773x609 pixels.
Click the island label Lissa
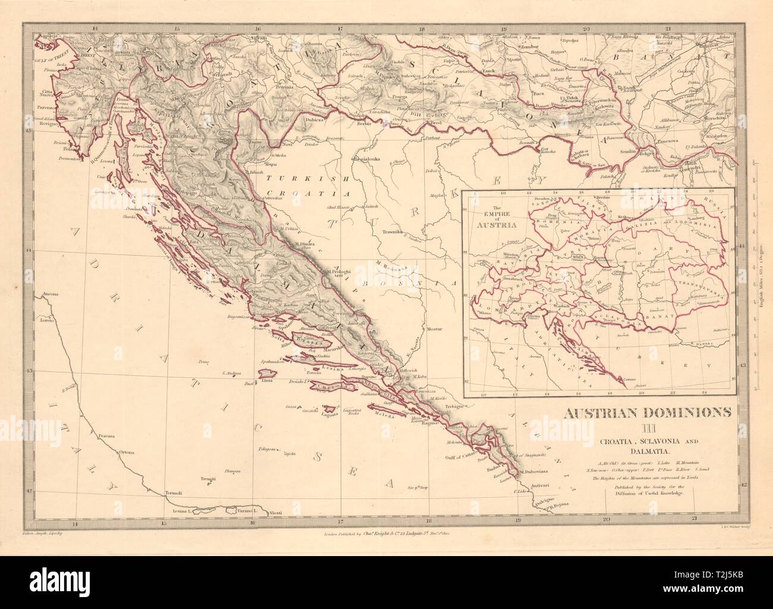(267, 379)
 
